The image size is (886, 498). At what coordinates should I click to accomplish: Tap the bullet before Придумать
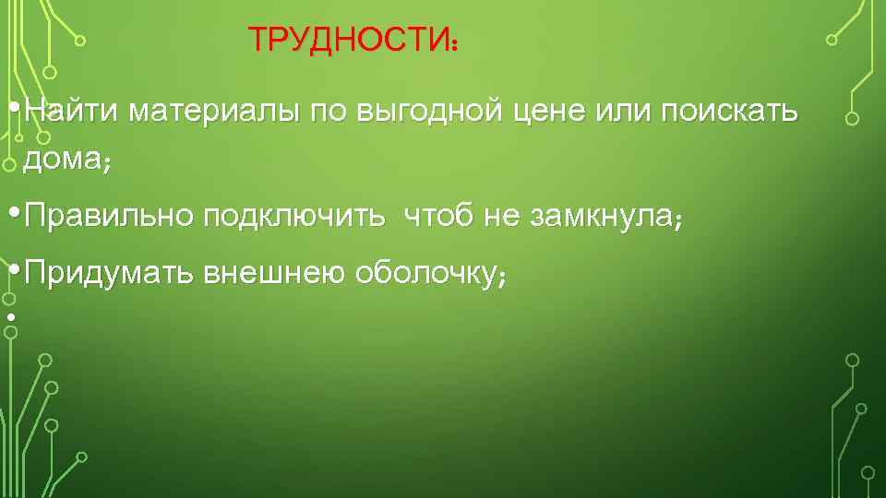pos(11,268)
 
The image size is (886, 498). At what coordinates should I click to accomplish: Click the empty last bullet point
pos(10,318)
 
